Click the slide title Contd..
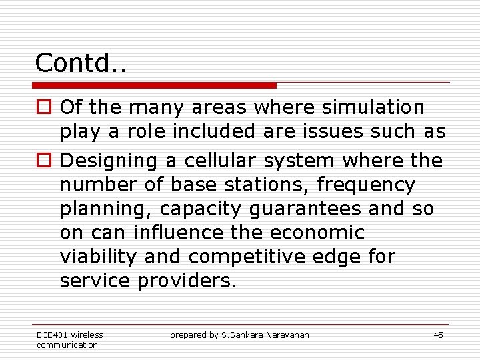(81, 63)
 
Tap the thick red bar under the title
(154, 85)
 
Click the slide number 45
(438, 335)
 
